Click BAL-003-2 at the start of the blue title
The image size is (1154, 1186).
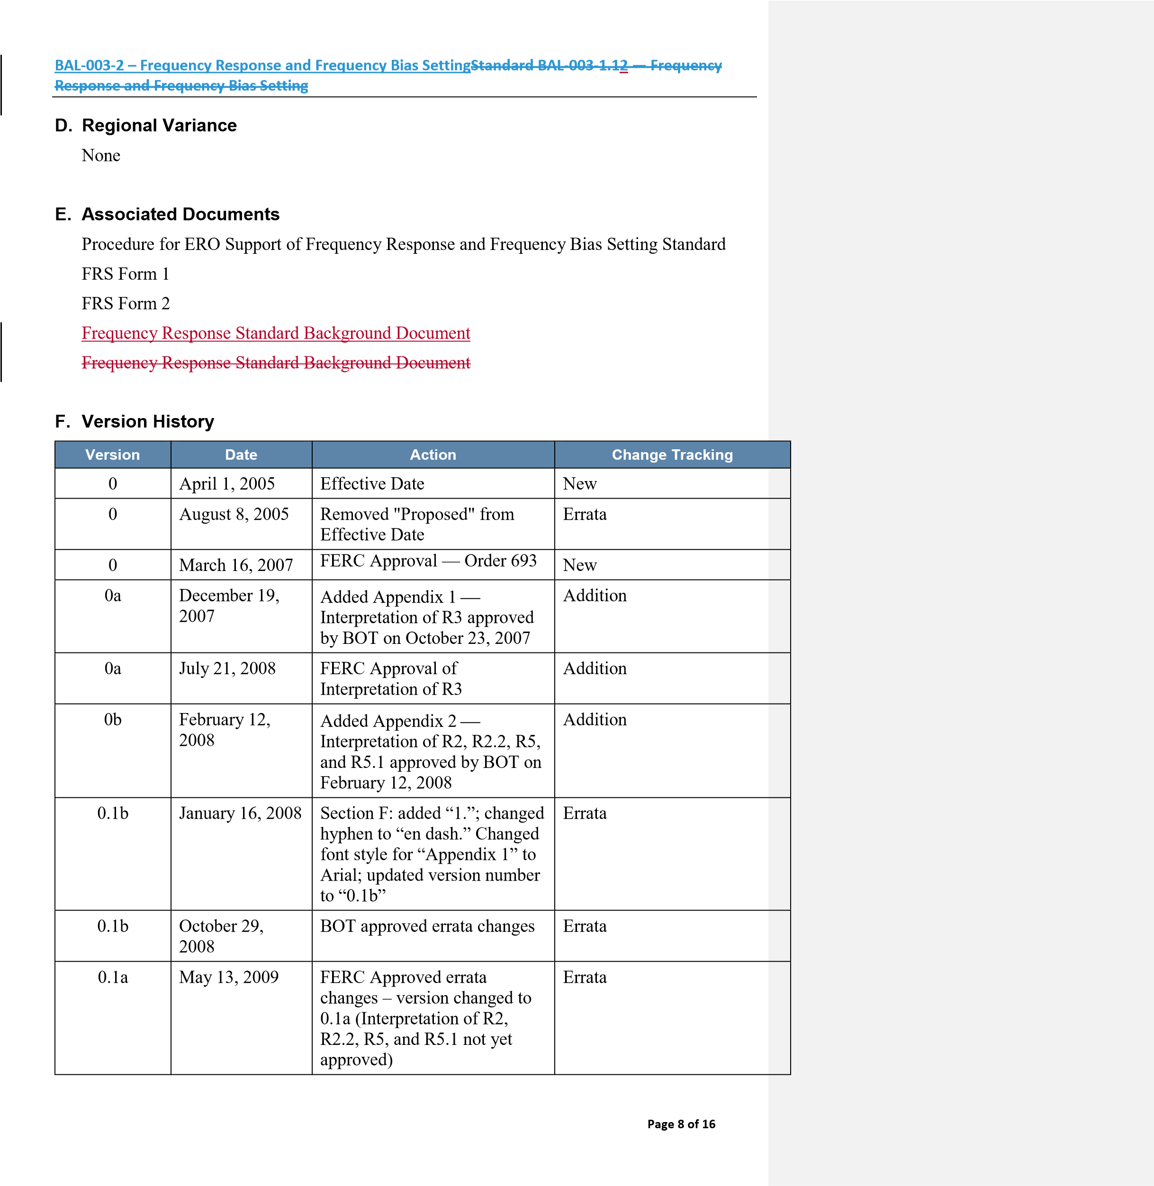tap(89, 65)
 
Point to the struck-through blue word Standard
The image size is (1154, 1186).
tap(501, 65)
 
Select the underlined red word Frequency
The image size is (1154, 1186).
tap(119, 333)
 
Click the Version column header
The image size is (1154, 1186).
tap(113, 455)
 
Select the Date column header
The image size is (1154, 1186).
tap(241, 455)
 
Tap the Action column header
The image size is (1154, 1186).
tap(433, 455)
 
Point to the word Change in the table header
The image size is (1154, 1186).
tap(639, 455)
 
